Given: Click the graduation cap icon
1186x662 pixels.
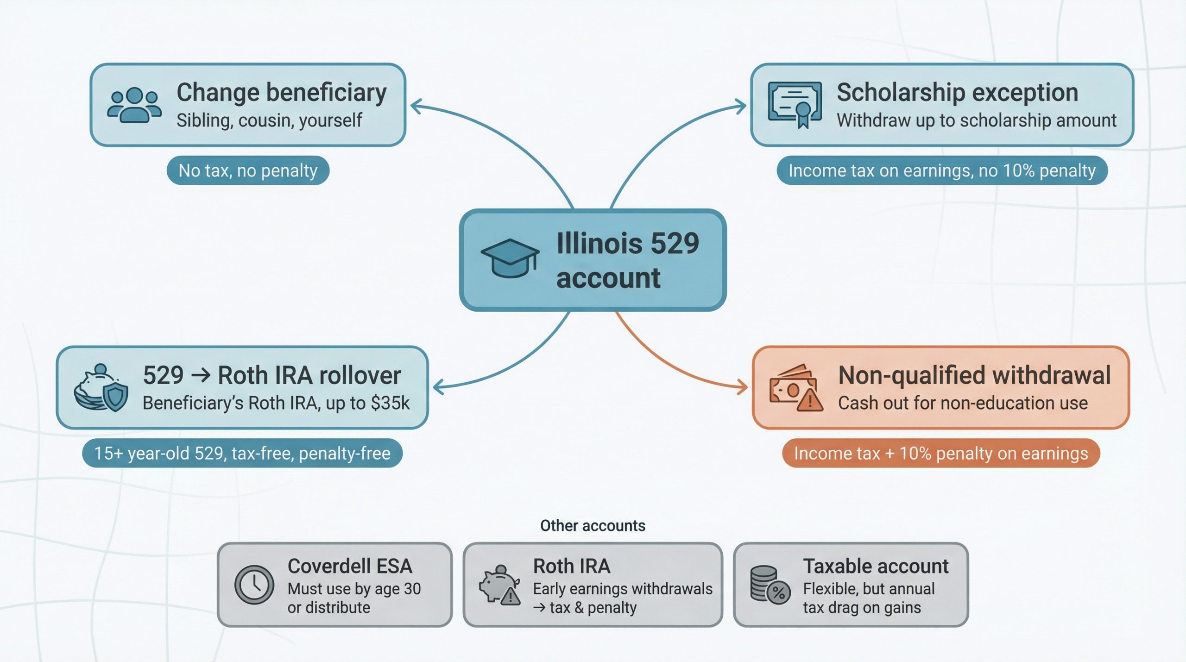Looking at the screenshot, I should [510, 258].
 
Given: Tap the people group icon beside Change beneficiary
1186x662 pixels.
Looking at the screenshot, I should [134, 105].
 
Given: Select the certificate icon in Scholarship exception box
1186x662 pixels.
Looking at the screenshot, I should [795, 105].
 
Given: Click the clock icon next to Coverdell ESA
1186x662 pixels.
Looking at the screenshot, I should [254, 585].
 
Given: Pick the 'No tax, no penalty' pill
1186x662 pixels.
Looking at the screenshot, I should [248, 170].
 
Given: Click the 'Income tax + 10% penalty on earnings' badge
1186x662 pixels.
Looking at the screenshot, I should [940, 453].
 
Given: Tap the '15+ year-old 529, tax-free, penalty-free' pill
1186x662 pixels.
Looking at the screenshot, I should [242, 453].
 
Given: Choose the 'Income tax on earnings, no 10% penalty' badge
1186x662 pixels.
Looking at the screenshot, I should [942, 170].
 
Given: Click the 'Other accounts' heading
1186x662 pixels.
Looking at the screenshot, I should [593, 525].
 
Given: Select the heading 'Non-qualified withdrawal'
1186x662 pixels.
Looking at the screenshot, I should [974, 375].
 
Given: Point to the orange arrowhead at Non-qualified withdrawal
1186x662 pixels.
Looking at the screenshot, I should [742, 387].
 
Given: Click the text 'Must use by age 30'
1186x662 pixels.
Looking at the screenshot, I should [354, 588].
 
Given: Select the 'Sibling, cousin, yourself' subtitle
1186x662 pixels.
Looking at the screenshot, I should [269, 120].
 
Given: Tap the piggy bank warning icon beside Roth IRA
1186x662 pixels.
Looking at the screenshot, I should [499, 585].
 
